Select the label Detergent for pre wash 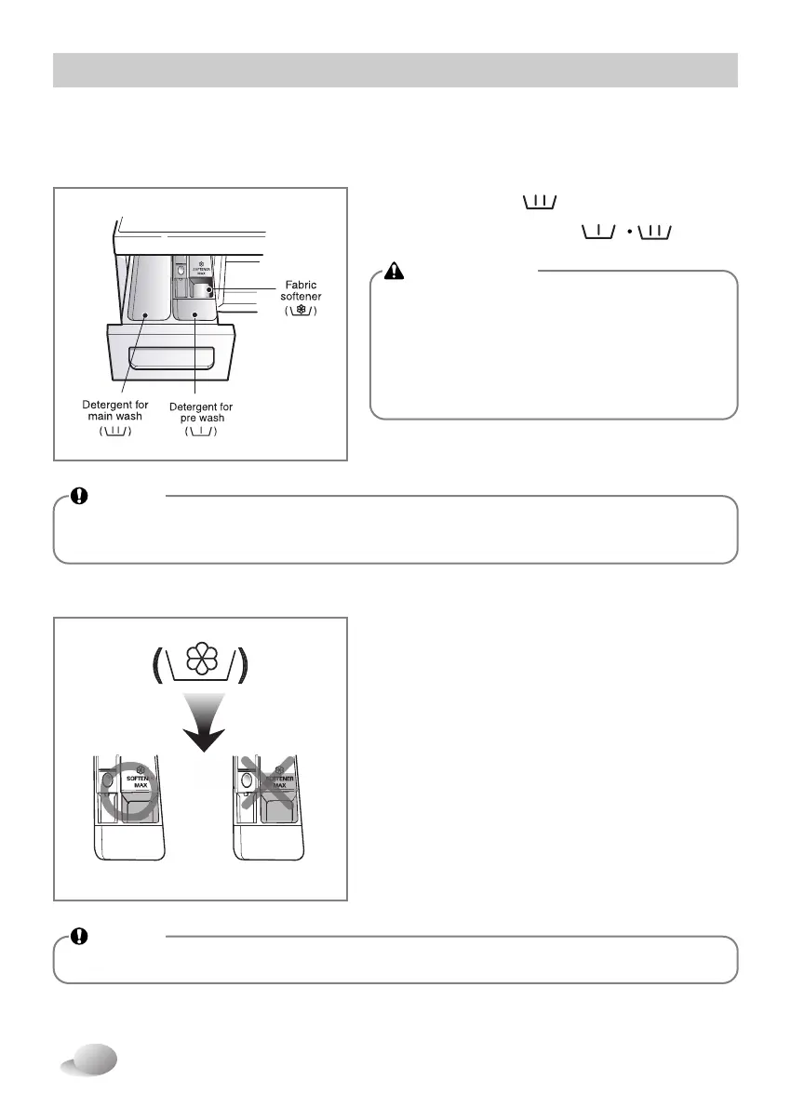202,412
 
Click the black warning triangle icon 395,271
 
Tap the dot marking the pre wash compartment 193,316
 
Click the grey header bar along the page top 395,70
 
